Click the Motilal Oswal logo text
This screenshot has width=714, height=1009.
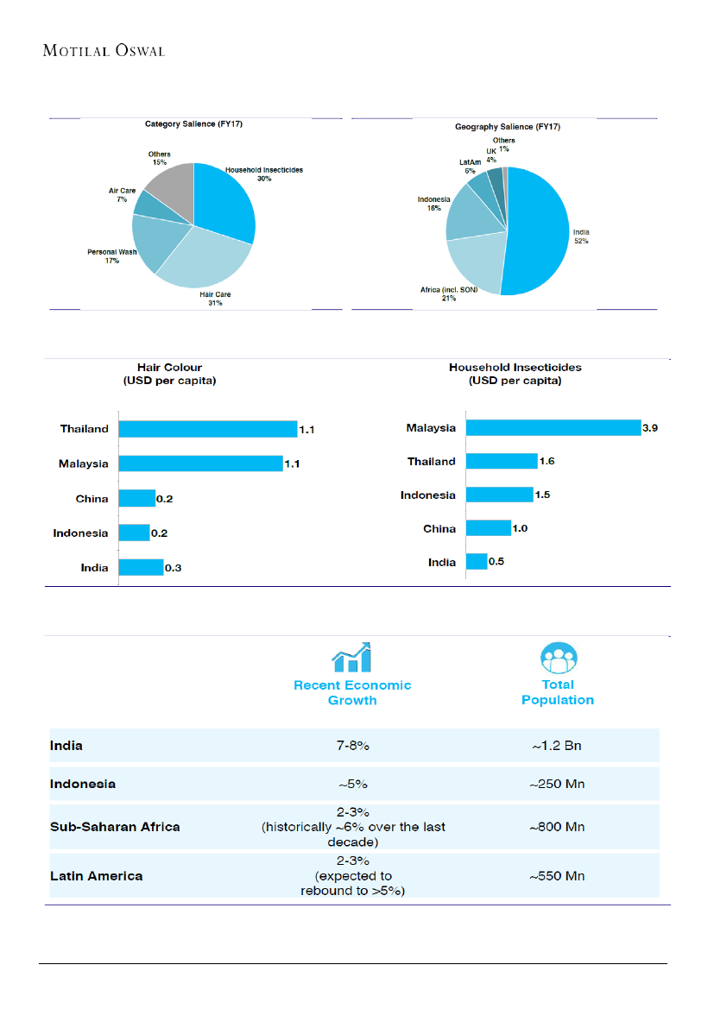(x=104, y=51)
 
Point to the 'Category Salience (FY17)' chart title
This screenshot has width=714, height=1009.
(x=193, y=125)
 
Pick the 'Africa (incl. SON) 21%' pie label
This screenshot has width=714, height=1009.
(x=449, y=293)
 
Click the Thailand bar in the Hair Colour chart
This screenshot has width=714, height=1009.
(x=207, y=429)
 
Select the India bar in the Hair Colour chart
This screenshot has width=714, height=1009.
(x=141, y=567)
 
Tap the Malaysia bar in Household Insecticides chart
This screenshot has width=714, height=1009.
(x=553, y=428)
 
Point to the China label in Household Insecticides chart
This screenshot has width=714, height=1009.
(x=439, y=528)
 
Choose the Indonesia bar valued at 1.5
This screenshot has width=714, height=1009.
(x=499, y=495)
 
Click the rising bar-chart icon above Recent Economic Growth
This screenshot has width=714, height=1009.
(x=351, y=657)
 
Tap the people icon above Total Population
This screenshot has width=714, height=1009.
(x=558, y=657)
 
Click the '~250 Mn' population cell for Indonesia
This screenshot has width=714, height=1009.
(x=557, y=785)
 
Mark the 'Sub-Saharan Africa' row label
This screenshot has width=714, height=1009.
(x=114, y=827)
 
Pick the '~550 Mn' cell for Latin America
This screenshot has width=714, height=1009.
(x=557, y=876)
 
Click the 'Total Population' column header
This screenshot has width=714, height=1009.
(x=558, y=692)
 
